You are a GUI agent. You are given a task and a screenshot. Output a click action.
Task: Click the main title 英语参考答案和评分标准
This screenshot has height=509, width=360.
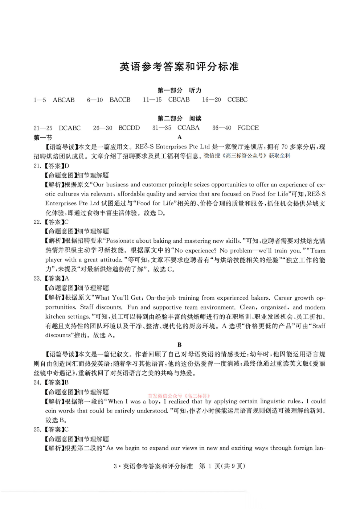pyautogui.click(x=179, y=67)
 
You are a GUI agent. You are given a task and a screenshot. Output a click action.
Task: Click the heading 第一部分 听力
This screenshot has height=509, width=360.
pyautogui.click(x=179, y=90)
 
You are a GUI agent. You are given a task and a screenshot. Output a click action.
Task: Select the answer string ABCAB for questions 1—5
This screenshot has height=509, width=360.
pyautogui.click(x=64, y=100)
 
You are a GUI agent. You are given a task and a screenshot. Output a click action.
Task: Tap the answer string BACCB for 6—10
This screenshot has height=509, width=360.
pyautogui.click(x=120, y=100)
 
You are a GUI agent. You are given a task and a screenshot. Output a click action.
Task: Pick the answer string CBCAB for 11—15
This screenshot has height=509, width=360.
pyautogui.click(x=179, y=99)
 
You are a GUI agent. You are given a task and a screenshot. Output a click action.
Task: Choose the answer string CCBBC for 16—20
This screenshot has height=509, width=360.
pyautogui.click(x=237, y=99)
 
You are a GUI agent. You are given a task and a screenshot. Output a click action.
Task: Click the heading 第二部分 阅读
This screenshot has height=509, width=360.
pyautogui.click(x=179, y=118)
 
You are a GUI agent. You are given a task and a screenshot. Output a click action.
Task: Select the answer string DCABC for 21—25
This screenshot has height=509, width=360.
pyautogui.click(x=70, y=128)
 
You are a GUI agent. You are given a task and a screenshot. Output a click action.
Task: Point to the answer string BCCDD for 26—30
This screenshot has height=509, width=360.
pyautogui.click(x=129, y=128)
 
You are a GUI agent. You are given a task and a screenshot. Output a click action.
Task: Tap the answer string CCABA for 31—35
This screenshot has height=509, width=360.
pyautogui.click(x=188, y=128)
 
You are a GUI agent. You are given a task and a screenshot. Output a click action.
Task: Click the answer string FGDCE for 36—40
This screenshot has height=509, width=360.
pyautogui.click(x=248, y=128)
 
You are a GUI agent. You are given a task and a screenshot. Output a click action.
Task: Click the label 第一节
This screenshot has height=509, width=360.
pyautogui.click(x=43, y=137)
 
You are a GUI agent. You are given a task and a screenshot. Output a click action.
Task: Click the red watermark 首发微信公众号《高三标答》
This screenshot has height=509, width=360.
pyautogui.click(x=179, y=396)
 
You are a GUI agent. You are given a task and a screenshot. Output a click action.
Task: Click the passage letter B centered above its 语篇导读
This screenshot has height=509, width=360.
pyautogui.click(x=179, y=345)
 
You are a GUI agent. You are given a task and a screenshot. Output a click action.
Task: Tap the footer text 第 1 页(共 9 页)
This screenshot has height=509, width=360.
pyautogui.click(x=222, y=466)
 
